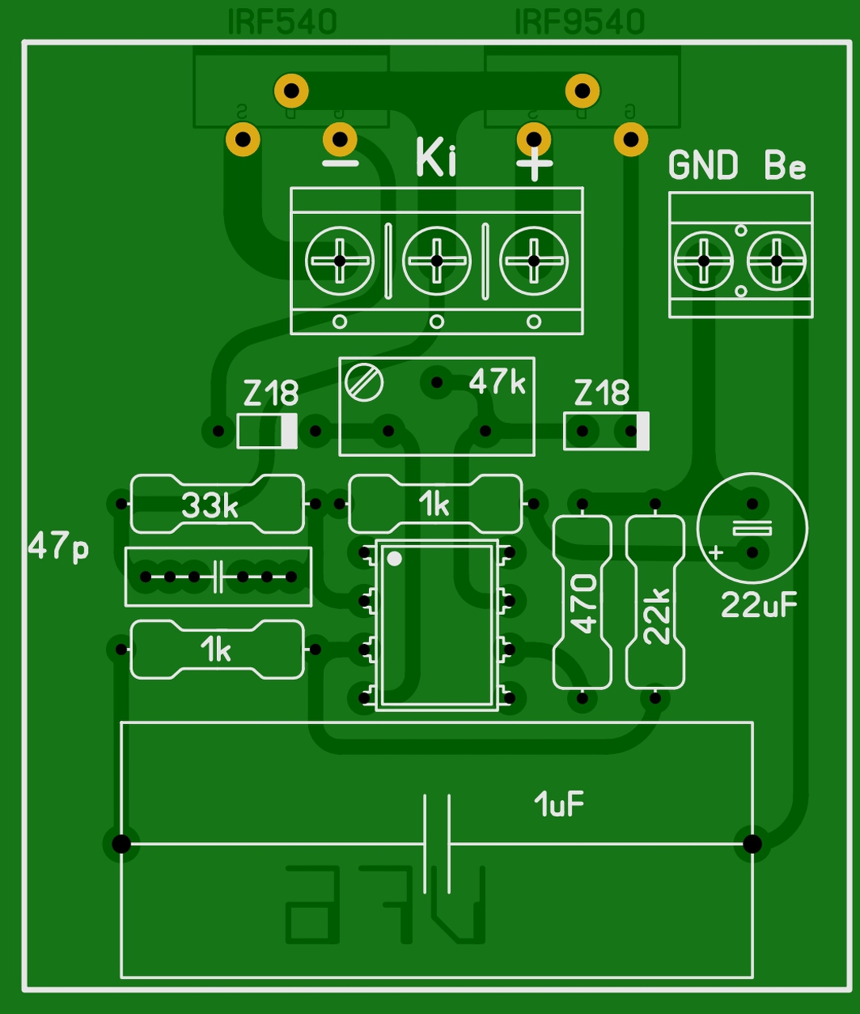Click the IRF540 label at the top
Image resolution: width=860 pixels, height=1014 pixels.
pos(283,22)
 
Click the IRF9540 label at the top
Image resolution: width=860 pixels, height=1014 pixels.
pos(580,22)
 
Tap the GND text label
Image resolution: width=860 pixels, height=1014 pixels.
pos(703,166)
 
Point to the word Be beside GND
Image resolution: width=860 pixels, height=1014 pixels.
pos(785,166)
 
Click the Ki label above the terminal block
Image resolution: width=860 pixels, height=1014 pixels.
pos(436,158)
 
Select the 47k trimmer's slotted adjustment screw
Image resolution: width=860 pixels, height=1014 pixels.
pos(364,383)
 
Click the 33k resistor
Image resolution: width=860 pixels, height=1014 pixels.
pos(217,504)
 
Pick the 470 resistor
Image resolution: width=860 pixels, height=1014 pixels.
pos(582,602)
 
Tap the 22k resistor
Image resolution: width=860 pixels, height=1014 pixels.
pos(656,602)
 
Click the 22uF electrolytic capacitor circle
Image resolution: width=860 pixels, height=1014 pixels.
pos(752,528)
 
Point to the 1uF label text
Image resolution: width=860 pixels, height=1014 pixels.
pos(559,805)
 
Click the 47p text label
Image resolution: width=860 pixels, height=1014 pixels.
pos(59,547)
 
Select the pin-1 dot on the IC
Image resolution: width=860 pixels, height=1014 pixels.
pos(394,558)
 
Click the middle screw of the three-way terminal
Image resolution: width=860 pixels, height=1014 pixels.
pos(436,261)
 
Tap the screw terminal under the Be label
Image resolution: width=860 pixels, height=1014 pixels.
pos(776,261)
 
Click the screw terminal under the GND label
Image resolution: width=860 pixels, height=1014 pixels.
pos(703,261)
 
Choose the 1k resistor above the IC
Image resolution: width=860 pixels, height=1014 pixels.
pos(436,504)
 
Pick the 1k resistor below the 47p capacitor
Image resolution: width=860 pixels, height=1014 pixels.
pos(217,650)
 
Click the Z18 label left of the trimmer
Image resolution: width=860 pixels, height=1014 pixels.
pos(271,393)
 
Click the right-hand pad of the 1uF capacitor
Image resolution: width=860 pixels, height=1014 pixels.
pos(752,844)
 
